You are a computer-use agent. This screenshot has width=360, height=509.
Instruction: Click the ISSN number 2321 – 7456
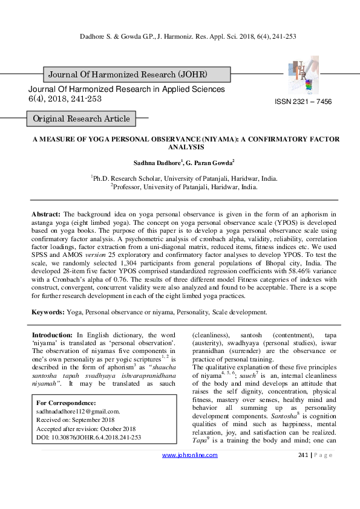tap(303, 102)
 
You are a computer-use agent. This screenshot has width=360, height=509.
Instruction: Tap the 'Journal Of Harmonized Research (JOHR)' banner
tap(126, 74)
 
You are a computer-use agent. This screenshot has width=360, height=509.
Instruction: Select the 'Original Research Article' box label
tap(81, 118)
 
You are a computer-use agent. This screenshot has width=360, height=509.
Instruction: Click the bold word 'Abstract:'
tap(46, 215)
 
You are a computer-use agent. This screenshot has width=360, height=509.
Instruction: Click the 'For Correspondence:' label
tap(66, 403)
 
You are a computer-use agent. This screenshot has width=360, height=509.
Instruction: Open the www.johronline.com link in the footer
tap(190, 489)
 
